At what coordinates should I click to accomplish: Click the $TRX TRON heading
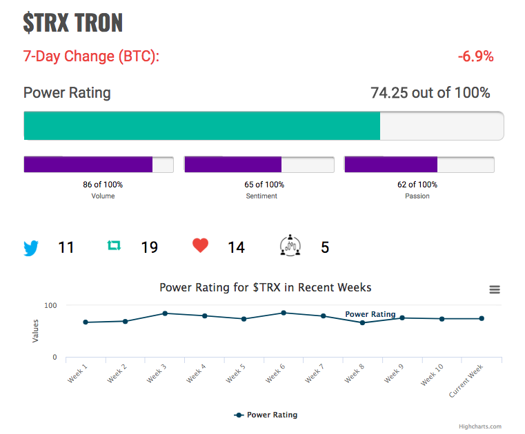tap(73, 23)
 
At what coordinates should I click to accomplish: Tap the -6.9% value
tap(475, 56)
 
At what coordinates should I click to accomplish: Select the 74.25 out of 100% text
tap(430, 92)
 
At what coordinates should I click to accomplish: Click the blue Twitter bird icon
tap(31, 248)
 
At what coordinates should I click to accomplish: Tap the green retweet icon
tap(114, 246)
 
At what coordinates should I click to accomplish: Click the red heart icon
tap(200, 245)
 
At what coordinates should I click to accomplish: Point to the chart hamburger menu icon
tap(495, 289)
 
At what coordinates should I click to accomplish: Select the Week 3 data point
tap(165, 313)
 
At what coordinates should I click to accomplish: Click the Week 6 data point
tap(284, 313)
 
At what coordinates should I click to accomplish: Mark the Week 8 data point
tap(362, 322)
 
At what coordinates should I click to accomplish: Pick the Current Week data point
tap(482, 318)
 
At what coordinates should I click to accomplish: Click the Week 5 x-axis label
tap(235, 373)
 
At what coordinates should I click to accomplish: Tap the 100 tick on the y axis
tap(50, 305)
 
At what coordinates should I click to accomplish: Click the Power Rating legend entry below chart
tap(266, 415)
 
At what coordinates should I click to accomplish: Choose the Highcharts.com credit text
tap(480, 426)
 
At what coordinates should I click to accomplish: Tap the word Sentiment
tap(261, 196)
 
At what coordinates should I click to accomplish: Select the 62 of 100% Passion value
tap(417, 185)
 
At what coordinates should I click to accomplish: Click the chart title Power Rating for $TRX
tap(265, 287)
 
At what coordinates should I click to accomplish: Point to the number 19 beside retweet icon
tap(149, 247)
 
